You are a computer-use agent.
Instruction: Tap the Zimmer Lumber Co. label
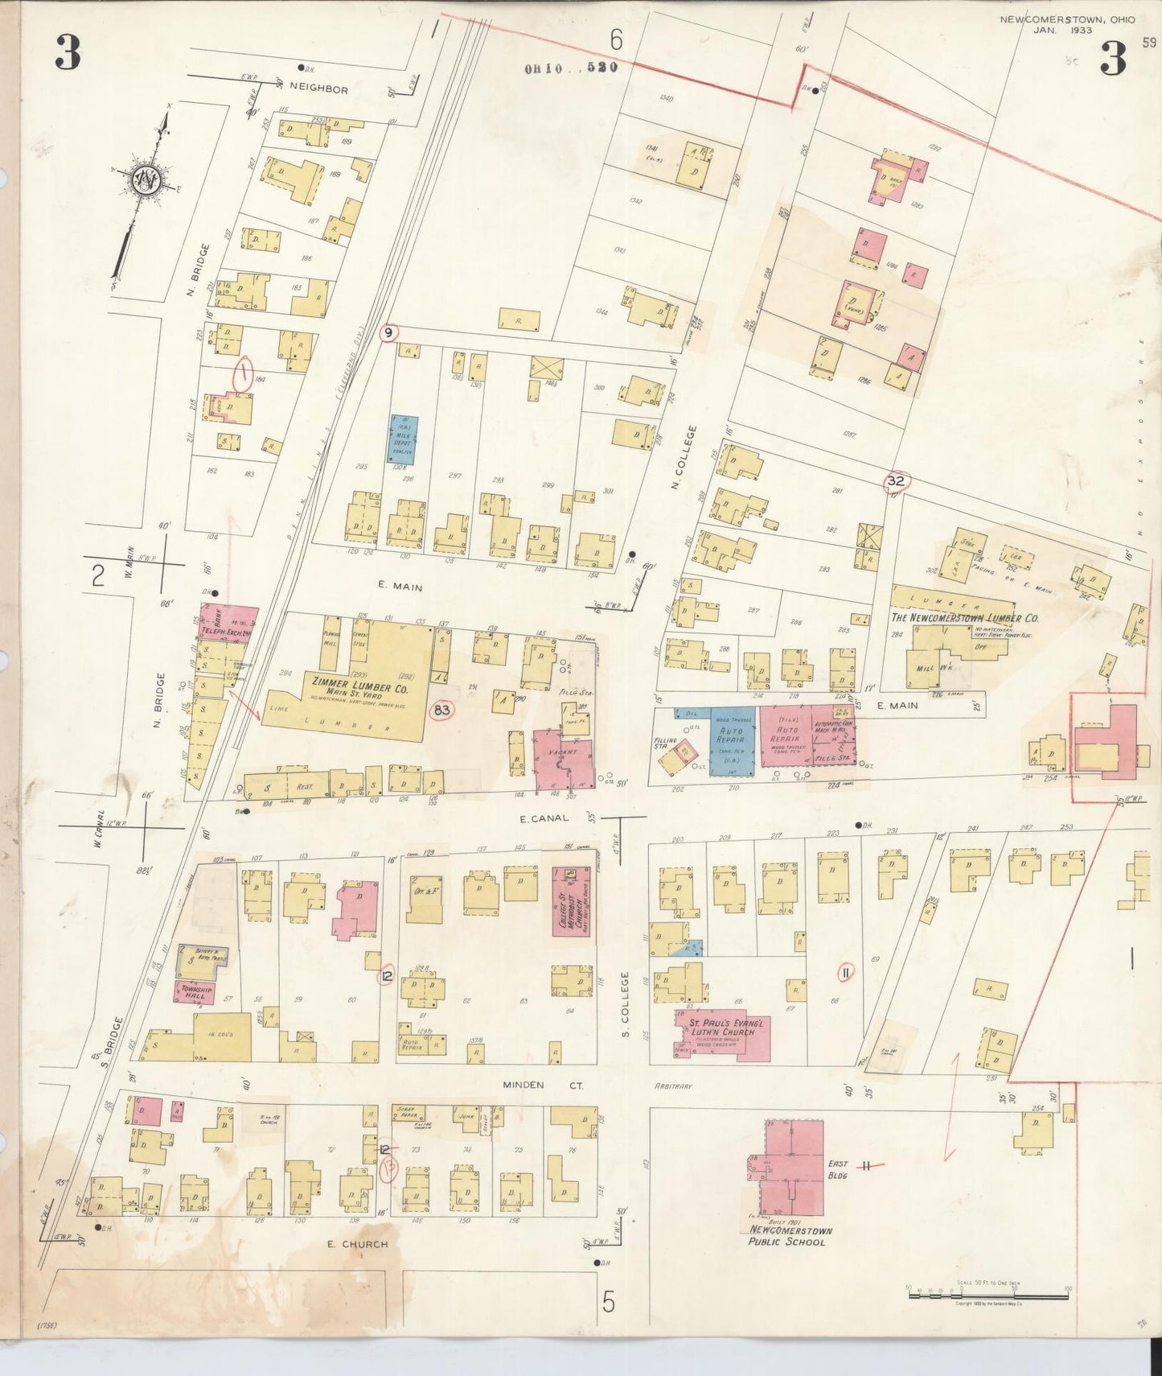[x=359, y=688]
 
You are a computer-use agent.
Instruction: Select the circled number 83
[x=441, y=710]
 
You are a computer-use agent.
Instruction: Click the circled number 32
[x=896, y=481]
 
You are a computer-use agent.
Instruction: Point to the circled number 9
[x=388, y=332]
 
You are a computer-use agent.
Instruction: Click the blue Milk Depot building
[x=402, y=439]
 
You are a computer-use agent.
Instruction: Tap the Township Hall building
[x=194, y=991]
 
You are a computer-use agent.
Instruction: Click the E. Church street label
[x=357, y=1244]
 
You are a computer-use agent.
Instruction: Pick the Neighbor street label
[x=318, y=89]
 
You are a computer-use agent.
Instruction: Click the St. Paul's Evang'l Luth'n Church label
[x=722, y=1028]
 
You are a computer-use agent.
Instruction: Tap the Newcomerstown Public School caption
[x=790, y=1236]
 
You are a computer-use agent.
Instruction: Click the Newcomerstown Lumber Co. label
[x=964, y=618]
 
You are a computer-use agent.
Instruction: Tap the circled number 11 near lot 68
[x=845, y=973]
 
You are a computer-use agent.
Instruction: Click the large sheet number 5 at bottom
[x=608, y=1301]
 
